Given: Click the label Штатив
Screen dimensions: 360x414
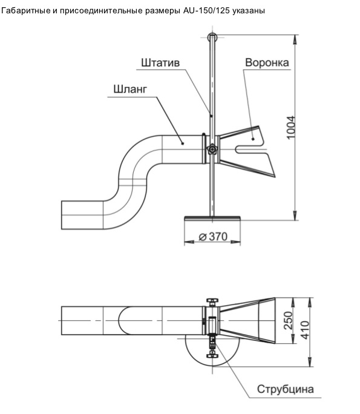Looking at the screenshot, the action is [x=160, y=63].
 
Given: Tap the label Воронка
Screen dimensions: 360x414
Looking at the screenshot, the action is [x=267, y=62].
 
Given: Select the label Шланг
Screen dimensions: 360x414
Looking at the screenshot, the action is [x=130, y=89].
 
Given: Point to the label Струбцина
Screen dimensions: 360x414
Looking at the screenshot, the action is [x=286, y=389].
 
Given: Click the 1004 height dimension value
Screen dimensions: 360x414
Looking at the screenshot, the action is [x=290, y=127].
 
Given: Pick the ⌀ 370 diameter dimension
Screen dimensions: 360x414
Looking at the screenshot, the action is [x=213, y=236].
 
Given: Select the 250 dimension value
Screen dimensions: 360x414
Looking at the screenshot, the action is [x=289, y=320].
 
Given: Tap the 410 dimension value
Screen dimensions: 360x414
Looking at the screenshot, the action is [x=305, y=330].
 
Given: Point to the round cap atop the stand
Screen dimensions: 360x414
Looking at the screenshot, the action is [x=212, y=38].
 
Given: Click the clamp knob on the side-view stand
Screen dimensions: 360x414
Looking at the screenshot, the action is [x=212, y=149].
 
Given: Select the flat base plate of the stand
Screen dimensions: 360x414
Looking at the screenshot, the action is [x=212, y=218].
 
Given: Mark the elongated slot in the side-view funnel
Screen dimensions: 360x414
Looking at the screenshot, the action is [x=251, y=149].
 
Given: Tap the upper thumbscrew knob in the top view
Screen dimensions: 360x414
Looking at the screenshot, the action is [x=212, y=301].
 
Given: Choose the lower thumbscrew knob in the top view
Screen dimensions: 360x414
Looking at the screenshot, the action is [x=212, y=355].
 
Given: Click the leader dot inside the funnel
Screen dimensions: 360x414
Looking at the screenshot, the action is [x=253, y=139].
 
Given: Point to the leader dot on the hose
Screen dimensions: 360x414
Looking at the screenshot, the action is [x=182, y=143].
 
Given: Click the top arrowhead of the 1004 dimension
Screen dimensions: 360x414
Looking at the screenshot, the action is [x=295, y=39].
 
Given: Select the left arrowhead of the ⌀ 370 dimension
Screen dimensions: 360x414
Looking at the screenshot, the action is [x=189, y=241].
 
